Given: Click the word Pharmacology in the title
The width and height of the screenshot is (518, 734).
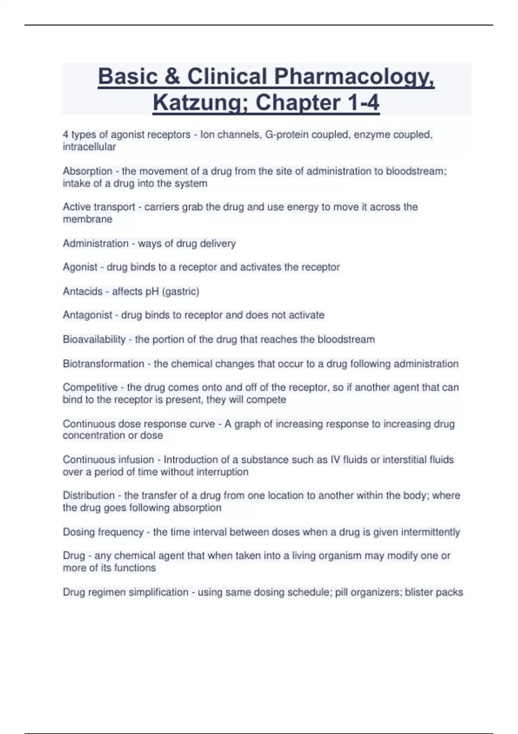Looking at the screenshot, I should click(354, 77).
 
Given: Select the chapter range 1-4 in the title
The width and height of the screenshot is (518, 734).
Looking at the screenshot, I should click(363, 103).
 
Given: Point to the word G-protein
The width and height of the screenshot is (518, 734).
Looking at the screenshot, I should click(287, 135).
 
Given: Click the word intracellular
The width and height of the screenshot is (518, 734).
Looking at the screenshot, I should click(89, 147).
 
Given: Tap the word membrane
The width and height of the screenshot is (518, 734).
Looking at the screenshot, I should click(88, 219).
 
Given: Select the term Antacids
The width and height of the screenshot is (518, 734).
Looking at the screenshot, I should click(82, 291).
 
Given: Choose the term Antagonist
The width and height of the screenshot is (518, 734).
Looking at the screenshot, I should click(87, 315).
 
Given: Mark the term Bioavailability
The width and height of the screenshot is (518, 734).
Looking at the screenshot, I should click(94, 339).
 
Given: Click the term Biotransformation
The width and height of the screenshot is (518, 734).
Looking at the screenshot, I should click(103, 364).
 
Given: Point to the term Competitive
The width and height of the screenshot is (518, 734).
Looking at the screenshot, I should click(90, 387).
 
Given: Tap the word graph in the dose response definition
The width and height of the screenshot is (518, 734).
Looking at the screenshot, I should click(247, 424).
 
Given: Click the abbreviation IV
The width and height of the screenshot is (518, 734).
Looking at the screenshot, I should click(335, 460).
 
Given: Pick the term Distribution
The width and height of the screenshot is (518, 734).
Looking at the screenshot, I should click(88, 495).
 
